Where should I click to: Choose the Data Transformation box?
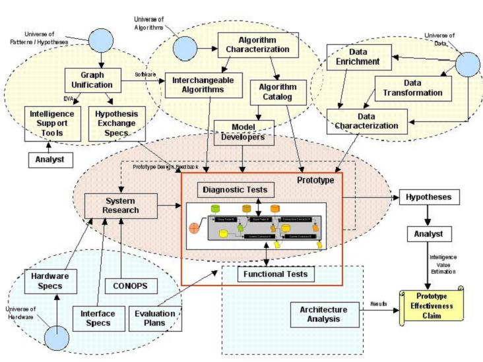(413, 88)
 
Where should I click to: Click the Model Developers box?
(243, 132)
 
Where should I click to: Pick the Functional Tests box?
(269, 272)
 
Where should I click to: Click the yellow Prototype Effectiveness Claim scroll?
(430, 305)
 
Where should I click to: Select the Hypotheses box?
(429, 196)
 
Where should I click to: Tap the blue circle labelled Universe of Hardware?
(56, 340)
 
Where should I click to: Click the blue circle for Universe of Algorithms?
(185, 47)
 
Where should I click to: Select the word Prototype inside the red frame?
(315, 179)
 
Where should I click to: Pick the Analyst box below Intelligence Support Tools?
(49, 158)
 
